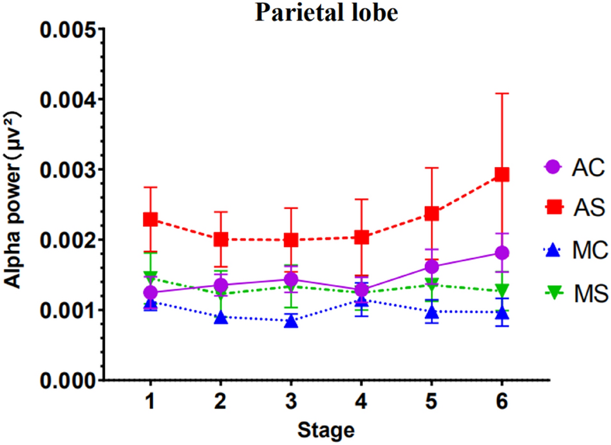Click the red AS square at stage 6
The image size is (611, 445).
point(502,175)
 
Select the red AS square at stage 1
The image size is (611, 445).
point(150,219)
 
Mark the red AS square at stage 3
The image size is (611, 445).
point(291,240)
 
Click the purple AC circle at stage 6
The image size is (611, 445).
point(502,252)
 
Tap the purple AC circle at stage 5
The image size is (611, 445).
point(431,266)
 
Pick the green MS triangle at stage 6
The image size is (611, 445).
point(502,291)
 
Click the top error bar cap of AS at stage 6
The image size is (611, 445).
point(502,94)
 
